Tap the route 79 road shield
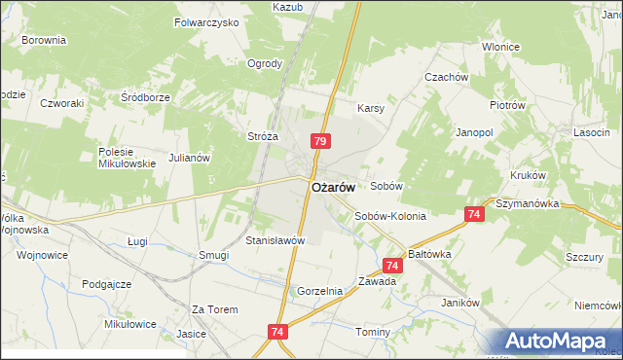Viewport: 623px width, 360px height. point(320,142)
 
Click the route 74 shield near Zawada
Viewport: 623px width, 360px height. point(392,265)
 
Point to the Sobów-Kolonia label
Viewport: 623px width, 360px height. point(389,216)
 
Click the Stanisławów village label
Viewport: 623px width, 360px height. point(275,240)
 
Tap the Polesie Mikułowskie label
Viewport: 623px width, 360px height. point(128,158)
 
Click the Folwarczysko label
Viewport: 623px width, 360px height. point(206,21)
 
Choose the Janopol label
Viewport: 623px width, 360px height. point(475,130)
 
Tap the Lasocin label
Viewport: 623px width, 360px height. point(592,130)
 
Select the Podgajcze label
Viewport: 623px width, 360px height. point(107,283)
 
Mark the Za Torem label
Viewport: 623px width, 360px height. point(214,309)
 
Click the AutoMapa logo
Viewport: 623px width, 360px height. point(559,342)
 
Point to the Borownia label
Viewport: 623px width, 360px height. point(43,41)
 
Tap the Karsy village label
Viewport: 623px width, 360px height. point(372,108)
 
